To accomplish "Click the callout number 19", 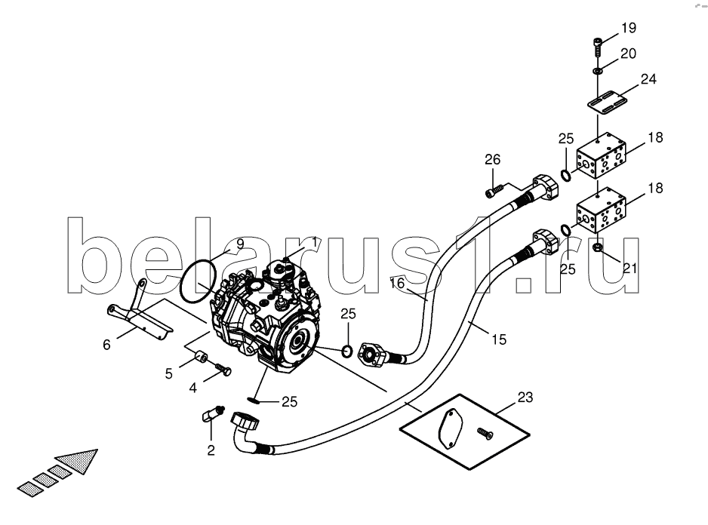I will [x=629, y=29].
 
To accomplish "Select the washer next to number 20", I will [x=597, y=70].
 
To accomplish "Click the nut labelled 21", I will [x=597, y=248].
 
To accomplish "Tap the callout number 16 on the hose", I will [x=397, y=283].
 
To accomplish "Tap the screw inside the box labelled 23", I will [x=483, y=432].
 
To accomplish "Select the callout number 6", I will [x=107, y=345].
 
